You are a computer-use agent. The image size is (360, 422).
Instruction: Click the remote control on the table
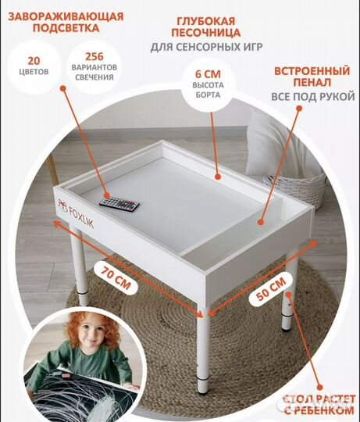pyautogui.click(x=119, y=206)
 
